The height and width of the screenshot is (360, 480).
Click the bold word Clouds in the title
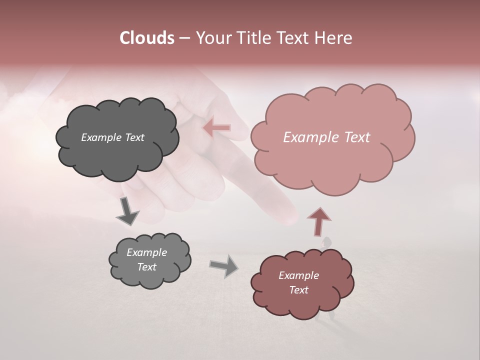point(147,38)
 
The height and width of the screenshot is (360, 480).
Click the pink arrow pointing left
point(217,128)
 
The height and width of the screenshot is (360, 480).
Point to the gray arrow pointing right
point(224,266)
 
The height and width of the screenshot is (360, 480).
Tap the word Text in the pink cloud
point(355,137)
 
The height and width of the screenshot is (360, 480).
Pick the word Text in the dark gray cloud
point(134,137)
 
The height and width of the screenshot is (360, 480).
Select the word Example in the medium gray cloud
point(146,252)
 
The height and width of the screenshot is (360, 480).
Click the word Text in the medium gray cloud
point(146,267)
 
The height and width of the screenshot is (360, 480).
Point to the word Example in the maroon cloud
point(298,275)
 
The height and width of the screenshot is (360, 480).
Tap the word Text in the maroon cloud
point(298,290)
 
